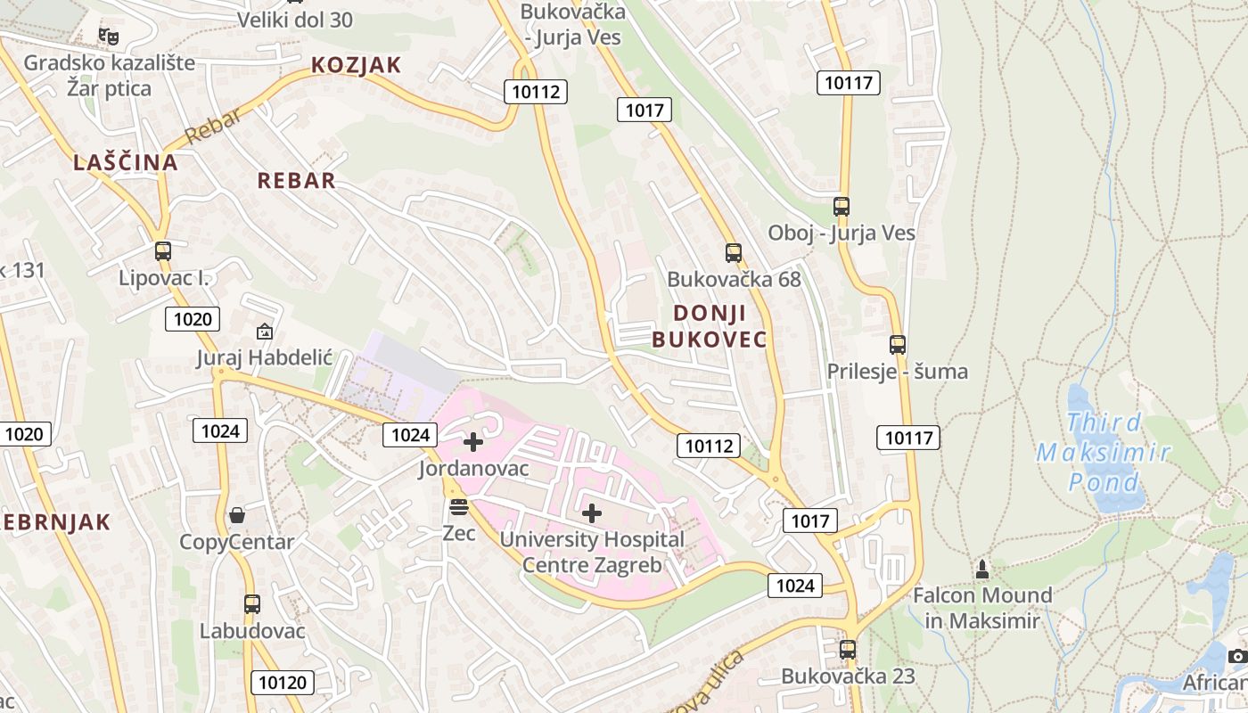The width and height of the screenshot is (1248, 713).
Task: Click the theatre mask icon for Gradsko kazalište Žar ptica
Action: [109, 36]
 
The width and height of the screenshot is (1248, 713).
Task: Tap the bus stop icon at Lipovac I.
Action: [162, 251]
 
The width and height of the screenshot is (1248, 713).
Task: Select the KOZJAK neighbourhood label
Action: [357, 65]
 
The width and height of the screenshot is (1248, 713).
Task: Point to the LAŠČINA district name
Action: [126, 162]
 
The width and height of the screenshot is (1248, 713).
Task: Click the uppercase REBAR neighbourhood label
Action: [297, 181]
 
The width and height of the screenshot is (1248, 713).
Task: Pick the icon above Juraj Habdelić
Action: [265, 332]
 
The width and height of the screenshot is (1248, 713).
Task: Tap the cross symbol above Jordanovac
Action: [473, 441]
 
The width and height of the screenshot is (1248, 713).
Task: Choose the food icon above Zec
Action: [459, 507]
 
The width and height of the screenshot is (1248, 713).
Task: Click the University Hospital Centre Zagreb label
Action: [592, 552]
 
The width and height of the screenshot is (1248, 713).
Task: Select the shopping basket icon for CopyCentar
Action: [237, 515]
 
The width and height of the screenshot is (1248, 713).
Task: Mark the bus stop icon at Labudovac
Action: [252, 603]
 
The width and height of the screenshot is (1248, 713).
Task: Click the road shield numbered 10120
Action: [283, 683]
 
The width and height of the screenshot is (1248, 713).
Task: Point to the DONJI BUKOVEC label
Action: [710, 326]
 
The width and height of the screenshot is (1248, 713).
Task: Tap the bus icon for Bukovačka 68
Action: [733, 252]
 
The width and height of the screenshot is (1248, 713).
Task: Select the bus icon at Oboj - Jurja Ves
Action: [841, 207]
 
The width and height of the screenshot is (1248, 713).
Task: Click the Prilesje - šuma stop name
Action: [897, 371]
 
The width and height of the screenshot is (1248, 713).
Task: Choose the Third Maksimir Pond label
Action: [1103, 452]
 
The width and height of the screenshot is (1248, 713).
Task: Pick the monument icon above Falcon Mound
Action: [982, 568]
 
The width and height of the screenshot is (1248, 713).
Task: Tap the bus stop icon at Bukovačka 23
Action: [847, 649]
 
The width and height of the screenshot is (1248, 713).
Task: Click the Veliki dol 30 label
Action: [295, 20]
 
